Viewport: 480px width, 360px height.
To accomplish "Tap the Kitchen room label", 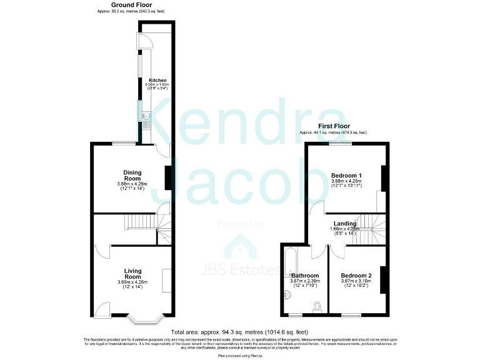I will [x=157, y=80].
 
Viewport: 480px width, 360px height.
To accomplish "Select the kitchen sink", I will [x=146, y=116].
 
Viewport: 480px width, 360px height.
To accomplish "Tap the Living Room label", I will [x=132, y=274].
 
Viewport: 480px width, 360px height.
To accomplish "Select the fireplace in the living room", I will [x=167, y=280].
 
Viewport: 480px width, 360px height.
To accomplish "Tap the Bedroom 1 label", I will [x=346, y=175].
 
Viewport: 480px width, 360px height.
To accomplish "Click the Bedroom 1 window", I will [x=341, y=144].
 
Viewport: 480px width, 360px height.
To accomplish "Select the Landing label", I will [x=344, y=223].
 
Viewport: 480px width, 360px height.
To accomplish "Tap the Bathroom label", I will [x=305, y=275].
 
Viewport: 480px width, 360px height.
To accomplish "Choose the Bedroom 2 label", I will [x=356, y=275].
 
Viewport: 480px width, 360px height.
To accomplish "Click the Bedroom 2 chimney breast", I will [x=383, y=279].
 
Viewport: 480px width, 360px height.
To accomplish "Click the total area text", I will [x=240, y=332].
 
